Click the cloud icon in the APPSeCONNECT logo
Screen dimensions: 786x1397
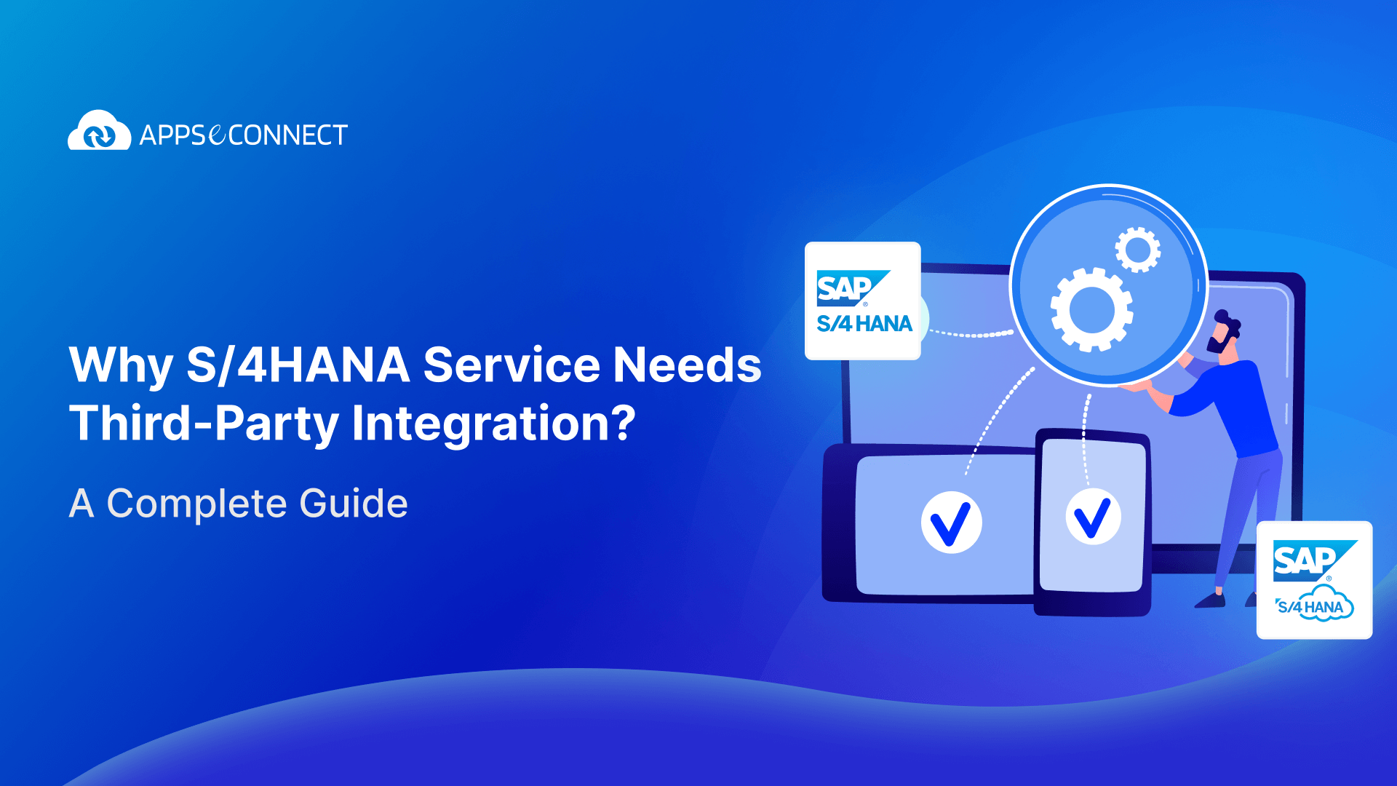point(99,132)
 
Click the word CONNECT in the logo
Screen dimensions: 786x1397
point(288,135)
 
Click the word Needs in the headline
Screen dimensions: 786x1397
point(687,365)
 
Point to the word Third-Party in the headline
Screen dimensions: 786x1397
point(204,424)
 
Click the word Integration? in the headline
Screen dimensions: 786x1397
point(493,424)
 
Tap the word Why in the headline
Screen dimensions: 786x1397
point(121,366)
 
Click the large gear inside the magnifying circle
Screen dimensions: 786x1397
point(1091,309)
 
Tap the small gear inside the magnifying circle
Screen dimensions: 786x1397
point(1138,250)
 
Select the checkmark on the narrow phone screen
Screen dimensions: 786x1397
point(1093,517)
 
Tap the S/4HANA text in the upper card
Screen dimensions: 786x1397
point(864,324)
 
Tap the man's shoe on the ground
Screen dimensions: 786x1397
point(1210,601)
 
